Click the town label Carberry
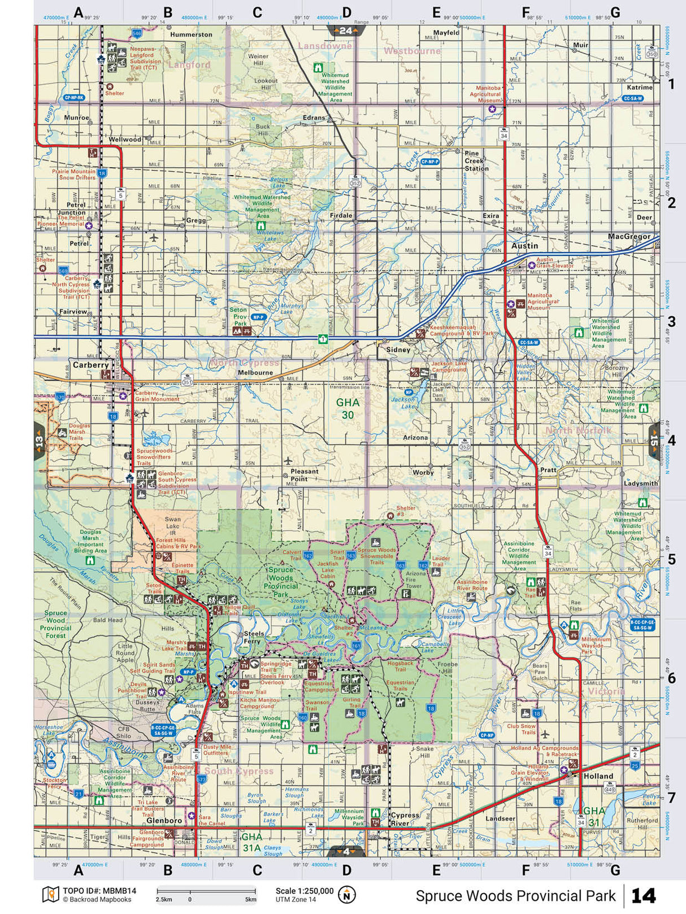(x=90, y=365)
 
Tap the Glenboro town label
(x=164, y=820)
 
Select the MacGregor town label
(x=629, y=236)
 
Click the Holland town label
(x=598, y=776)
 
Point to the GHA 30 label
(x=348, y=408)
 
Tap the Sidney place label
(x=398, y=350)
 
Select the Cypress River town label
(x=405, y=819)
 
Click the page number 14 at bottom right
(x=643, y=896)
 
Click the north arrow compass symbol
(x=346, y=894)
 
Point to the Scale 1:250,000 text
(x=304, y=891)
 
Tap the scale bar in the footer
(x=206, y=892)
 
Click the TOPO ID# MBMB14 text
(x=99, y=891)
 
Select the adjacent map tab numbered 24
(x=345, y=31)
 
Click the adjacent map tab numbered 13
(x=39, y=440)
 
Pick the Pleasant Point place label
(x=304, y=475)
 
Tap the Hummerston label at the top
(x=191, y=34)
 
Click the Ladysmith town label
(x=641, y=483)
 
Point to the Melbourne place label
(x=255, y=372)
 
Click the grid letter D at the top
(x=346, y=12)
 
